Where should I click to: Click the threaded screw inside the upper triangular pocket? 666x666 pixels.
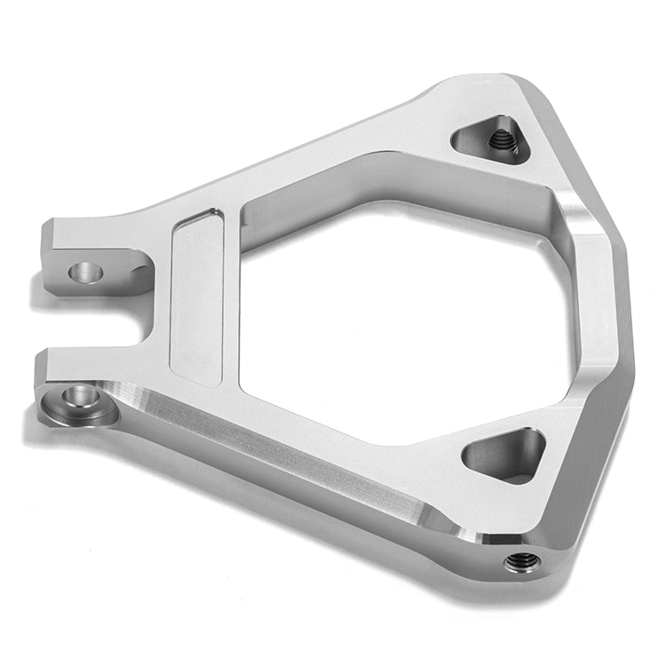501,139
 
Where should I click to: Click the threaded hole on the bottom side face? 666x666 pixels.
521,561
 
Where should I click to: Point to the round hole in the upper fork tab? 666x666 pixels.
86,272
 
